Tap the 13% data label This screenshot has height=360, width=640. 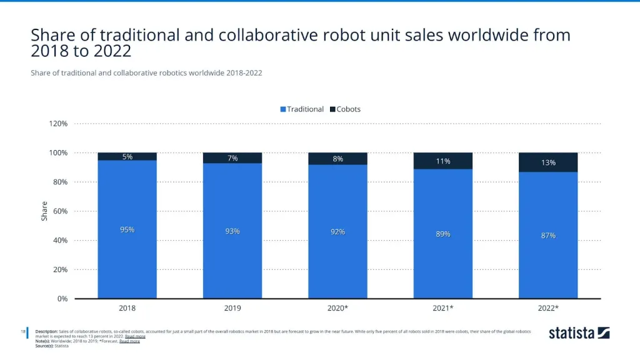(548, 162)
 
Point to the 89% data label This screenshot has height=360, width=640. (442, 234)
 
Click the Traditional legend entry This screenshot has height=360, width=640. (302, 109)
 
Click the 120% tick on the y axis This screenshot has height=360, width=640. (59, 124)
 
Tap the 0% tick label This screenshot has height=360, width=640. (62, 299)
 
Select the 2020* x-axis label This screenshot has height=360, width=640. (337, 309)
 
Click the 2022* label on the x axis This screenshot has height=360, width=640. (548, 309)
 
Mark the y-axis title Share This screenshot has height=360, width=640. (44, 211)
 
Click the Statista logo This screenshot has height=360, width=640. (579, 333)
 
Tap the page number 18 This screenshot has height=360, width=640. (23, 331)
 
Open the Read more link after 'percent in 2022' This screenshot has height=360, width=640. (135, 336)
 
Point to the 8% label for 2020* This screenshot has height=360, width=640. (337, 159)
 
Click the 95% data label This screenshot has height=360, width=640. (127, 230)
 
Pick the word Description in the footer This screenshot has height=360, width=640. (46, 331)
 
